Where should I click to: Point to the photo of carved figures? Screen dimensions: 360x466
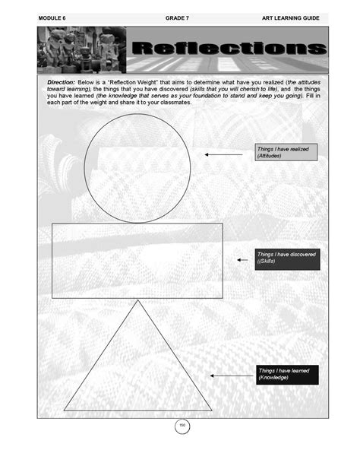tap(81, 50)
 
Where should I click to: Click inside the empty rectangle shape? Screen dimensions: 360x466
tap(137, 260)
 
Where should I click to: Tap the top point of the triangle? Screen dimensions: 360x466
tap(137, 302)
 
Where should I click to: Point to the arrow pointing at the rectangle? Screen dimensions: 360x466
tap(242, 260)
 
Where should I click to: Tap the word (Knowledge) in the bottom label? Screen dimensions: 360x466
tap(273, 378)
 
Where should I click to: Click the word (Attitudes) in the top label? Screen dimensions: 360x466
tap(269, 157)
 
